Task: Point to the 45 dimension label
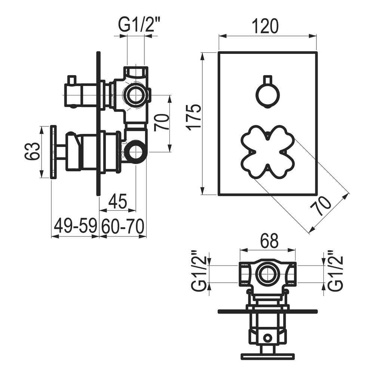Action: [118, 202]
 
